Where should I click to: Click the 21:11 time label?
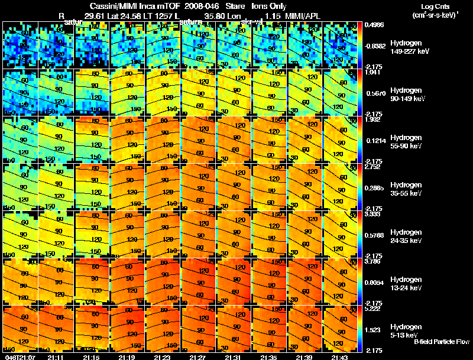(x=56, y=357)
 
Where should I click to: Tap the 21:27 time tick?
(x=198, y=357)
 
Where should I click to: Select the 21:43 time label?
(x=340, y=357)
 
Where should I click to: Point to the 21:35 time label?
(x=269, y=357)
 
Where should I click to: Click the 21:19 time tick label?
(x=127, y=357)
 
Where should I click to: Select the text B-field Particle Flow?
(x=442, y=342)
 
